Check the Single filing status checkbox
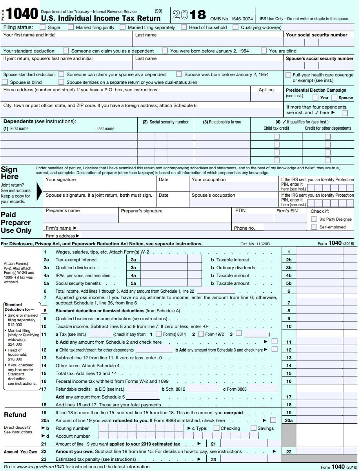(42, 27)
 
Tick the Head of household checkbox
(184, 27)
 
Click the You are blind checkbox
(264, 51)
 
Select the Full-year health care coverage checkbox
(288, 75)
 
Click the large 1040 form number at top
(22, 14)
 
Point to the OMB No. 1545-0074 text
(231, 18)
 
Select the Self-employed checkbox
(314, 227)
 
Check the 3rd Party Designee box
(314, 219)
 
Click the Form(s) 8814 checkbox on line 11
(158, 334)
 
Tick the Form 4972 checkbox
(201, 334)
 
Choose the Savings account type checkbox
(253, 428)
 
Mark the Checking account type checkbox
(216, 428)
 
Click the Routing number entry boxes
(141, 428)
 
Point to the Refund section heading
(15, 415)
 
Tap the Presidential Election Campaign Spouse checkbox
(334, 98)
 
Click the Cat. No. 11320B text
(255, 244)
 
